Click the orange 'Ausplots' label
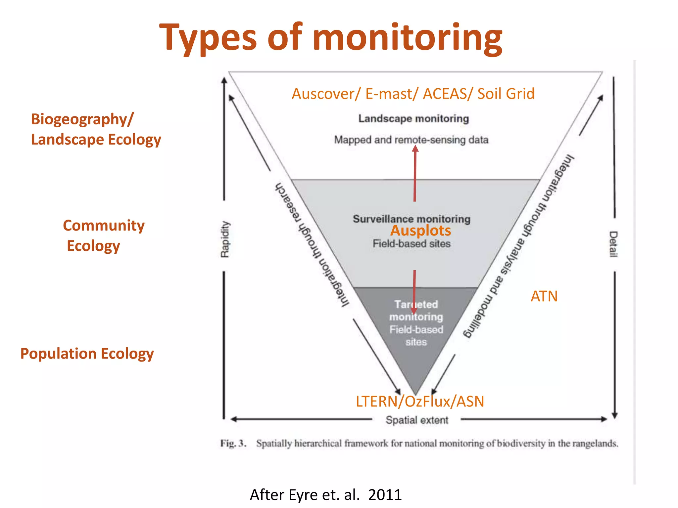pyautogui.click(x=420, y=231)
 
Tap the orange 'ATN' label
pyautogui.click(x=544, y=296)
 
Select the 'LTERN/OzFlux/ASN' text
pyautogui.click(x=420, y=402)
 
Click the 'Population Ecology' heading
pyautogui.click(x=87, y=354)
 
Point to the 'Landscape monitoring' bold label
pyautogui.click(x=413, y=118)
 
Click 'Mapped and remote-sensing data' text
pyautogui.click(x=411, y=140)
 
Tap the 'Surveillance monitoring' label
pyautogui.click(x=412, y=219)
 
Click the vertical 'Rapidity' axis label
pyautogui.click(x=225, y=239)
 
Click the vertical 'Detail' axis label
pyautogui.click(x=613, y=244)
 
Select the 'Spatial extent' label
pyautogui.click(x=417, y=420)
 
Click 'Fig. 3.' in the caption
pyautogui.click(x=233, y=443)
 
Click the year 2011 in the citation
pyautogui.click(x=385, y=495)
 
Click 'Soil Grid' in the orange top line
pyautogui.click(x=506, y=94)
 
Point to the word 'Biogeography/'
pyautogui.click(x=82, y=119)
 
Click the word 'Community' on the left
pyautogui.click(x=104, y=226)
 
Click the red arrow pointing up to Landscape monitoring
pyautogui.click(x=415, y=174)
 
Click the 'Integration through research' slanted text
pyautogui.click(x=312, y=245)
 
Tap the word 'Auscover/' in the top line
pyautogui.click(x=326, y=94)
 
